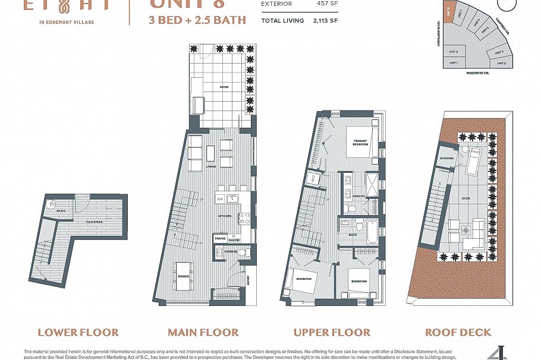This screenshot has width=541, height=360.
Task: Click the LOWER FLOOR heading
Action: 78,332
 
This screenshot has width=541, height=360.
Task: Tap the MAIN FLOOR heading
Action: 203,332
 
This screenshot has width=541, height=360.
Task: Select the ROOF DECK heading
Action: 458,332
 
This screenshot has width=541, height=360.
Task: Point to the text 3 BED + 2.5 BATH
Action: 197,20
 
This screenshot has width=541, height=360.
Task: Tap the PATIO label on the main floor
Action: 224,87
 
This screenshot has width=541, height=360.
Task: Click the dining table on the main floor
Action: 183,276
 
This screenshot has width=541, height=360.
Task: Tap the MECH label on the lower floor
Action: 61,211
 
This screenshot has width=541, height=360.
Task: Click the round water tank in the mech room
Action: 52,203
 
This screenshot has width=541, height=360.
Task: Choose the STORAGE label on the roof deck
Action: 448,159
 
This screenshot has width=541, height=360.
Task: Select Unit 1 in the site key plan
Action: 454,62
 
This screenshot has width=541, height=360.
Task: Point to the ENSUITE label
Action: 358,195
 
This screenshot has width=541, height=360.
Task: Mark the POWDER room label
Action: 231,252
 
